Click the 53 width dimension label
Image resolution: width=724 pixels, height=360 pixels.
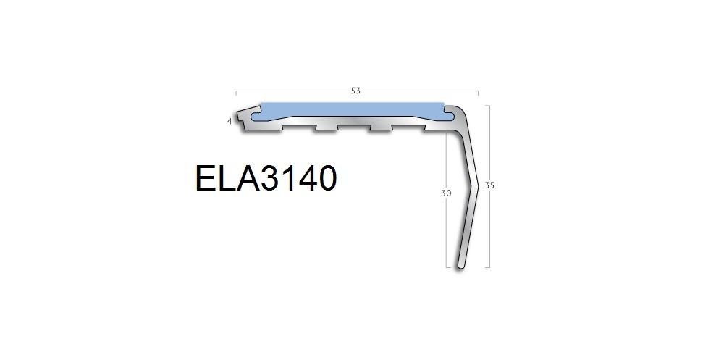point(355,91)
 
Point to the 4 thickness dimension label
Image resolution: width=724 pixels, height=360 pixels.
point(230,122)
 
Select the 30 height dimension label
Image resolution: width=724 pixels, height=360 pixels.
point(445,193)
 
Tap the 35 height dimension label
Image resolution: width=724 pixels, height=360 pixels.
point(489,185)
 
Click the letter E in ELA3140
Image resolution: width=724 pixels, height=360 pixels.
point(206,178)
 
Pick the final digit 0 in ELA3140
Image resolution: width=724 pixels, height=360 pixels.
point(327,178)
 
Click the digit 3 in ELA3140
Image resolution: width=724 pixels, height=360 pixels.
point(271,178)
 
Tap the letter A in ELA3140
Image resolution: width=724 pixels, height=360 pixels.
point(247,178)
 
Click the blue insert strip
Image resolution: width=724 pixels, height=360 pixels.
point(352,111)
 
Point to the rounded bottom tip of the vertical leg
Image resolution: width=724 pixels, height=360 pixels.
point(460,266)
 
